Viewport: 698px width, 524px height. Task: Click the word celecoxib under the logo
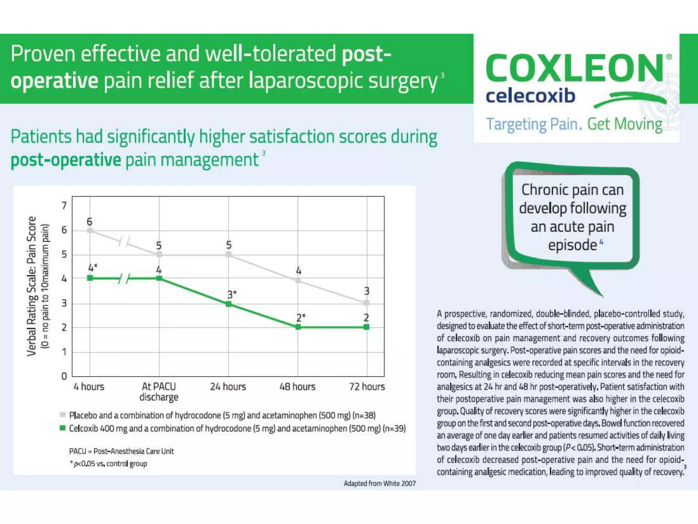[x=530, y=96]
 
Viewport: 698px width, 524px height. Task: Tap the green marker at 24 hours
[x=229, y=304]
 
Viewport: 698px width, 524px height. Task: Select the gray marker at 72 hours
[x=366, y=303]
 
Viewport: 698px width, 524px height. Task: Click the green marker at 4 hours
[x=90, y=278]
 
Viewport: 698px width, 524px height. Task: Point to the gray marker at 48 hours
[x=298, y=280]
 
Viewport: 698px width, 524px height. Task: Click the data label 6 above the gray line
[x=89, y=222]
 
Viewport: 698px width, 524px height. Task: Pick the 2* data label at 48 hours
[x=301, y=318]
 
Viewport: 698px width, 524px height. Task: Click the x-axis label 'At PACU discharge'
[x=159, y=392]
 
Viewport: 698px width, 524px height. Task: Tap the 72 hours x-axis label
[x=367, y=387]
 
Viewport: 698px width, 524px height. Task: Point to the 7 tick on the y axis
[x=64, y=206]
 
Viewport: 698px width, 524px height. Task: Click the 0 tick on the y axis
[x=64, y=376]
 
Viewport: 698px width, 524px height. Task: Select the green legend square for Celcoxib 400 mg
[x=62, y=428]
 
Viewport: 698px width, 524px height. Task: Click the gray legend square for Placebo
[x=62, y=415]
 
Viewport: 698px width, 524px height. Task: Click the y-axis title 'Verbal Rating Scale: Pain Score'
[x=31, y=286]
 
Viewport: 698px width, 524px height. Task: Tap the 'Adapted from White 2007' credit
[x=379, y=483]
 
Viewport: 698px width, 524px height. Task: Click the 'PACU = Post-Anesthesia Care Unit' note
[x=121, y=451]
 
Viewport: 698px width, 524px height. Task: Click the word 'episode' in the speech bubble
[x=572, y=245]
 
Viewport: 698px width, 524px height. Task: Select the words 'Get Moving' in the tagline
[x=625, y=124]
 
